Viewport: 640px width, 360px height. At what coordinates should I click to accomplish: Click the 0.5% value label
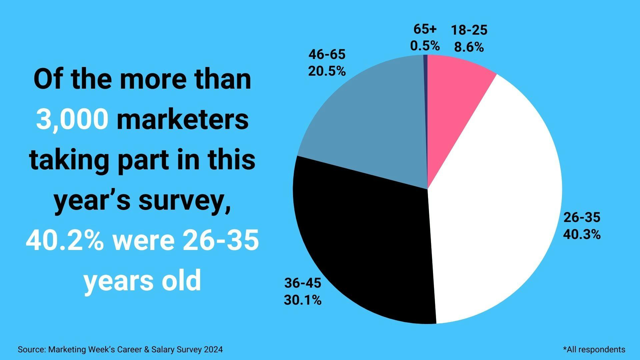pyautogui.click(x=425, y=46)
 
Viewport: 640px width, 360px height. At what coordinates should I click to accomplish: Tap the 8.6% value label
pyautogui.click(x=469, y=48)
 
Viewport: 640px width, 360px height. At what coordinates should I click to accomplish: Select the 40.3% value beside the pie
pyautogui.click(x=582, y=235)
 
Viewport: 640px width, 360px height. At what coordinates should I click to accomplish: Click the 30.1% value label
pyautogui.click(x=303, y=300)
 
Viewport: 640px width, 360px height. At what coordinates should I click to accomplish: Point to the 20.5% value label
pyautogui.click(x=327, y=71)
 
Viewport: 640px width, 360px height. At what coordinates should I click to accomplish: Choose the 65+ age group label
pyautogui.click(x=425, y=29)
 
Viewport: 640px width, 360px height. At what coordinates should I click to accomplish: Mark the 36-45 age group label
pyautogui.click(x=303, y=283)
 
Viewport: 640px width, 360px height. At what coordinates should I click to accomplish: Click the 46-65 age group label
pyautogui.click(x=327, y=54)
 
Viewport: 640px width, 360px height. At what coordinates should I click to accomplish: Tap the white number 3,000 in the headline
pyautogui.click(x=72, y=119)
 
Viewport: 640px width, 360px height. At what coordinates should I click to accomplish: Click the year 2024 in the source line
pyautogui.click(x=213, y=350)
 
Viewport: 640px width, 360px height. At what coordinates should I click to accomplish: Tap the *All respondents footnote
pyautogui.click(x=594, y=350)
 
